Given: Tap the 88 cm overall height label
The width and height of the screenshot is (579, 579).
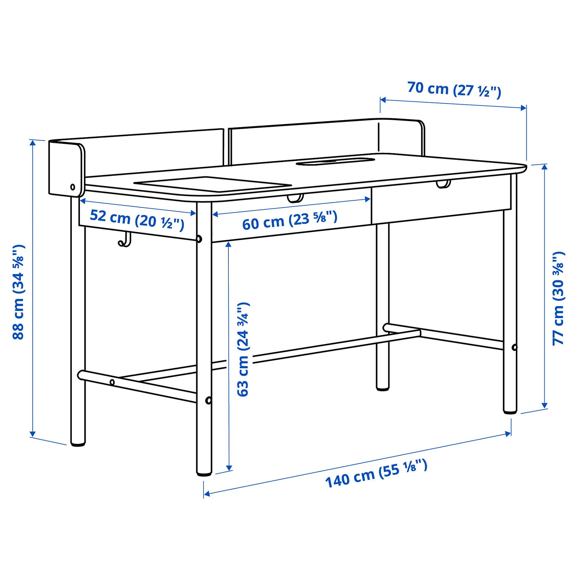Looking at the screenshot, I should [19, 292].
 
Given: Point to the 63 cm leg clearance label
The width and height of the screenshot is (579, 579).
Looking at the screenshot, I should [243, 349].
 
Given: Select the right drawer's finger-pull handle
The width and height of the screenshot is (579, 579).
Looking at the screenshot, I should [443, 184].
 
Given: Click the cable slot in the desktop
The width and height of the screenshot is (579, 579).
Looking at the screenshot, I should [335, 162].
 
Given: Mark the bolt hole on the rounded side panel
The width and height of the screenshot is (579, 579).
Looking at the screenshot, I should [73, 187].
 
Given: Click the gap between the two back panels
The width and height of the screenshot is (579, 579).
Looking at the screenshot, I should [226, 146].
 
